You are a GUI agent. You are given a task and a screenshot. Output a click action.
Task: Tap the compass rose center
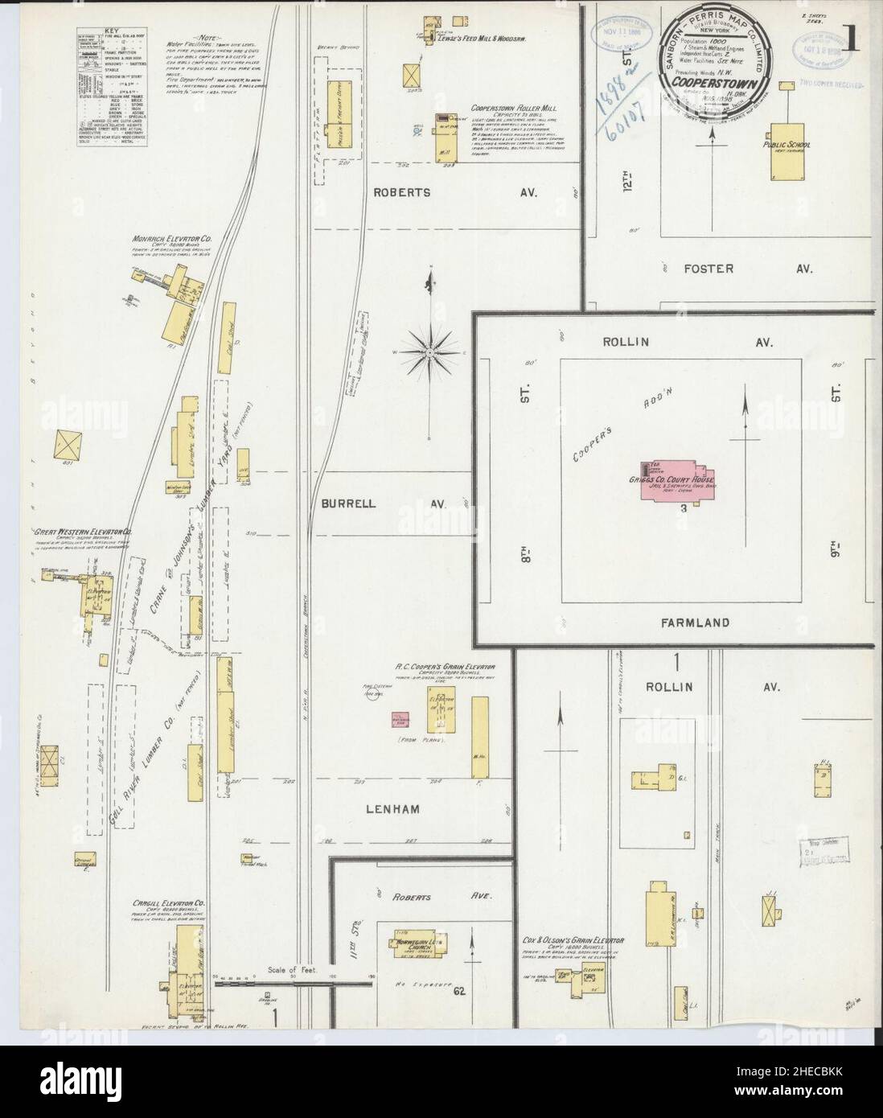(430, 351)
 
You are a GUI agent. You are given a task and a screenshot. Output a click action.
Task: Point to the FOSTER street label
(708, 269)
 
